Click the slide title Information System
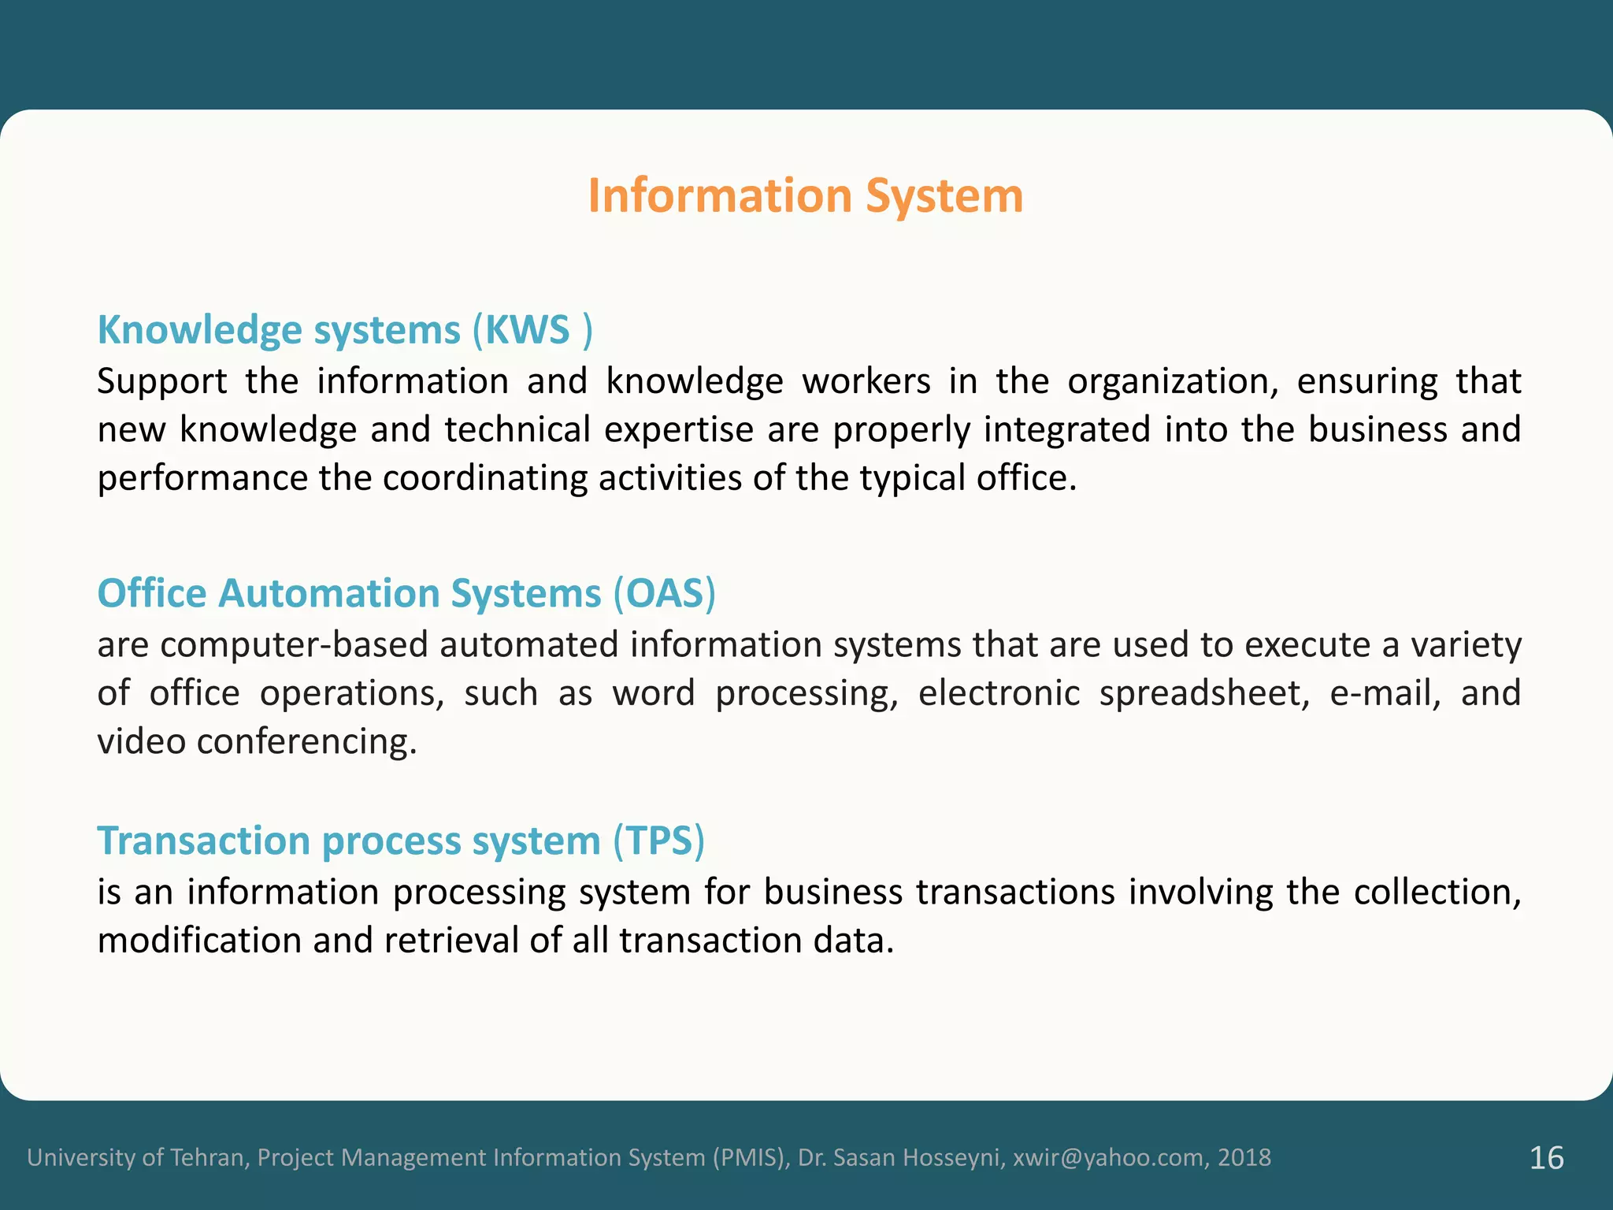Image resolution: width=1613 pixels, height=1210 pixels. tap(805, 195)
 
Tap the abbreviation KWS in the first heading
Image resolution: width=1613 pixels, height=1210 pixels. tap(527, 329)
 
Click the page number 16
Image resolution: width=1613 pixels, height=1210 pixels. tap(1546, 1158)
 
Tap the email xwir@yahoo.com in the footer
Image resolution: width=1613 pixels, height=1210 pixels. tap(1107, 1157)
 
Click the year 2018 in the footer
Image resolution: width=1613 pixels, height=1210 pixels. tap(1244, 1157)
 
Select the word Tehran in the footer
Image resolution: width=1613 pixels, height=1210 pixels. tap(210, 1157)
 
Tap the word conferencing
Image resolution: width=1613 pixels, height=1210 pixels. tap(306, 742)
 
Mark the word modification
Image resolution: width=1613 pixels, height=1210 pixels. tap(199, 941)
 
